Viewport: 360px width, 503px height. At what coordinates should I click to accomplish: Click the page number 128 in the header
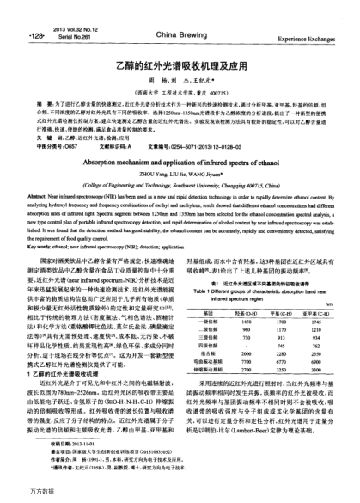(15, 14)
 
